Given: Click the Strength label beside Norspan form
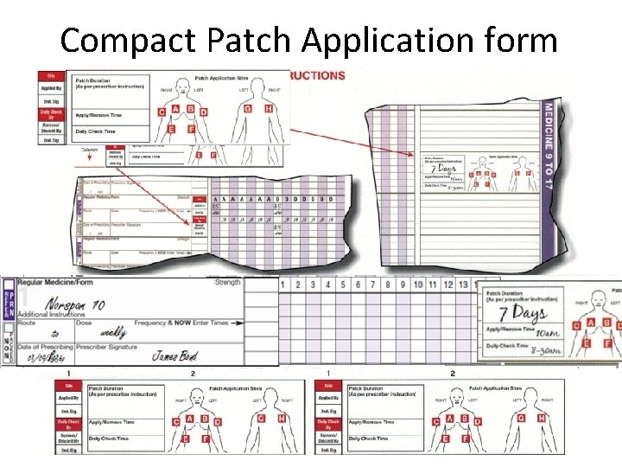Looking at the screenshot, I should point(227,283).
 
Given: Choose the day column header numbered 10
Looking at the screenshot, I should point(419,285).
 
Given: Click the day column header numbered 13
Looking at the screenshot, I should point(463,285).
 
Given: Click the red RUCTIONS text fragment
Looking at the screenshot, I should point(318,76).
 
